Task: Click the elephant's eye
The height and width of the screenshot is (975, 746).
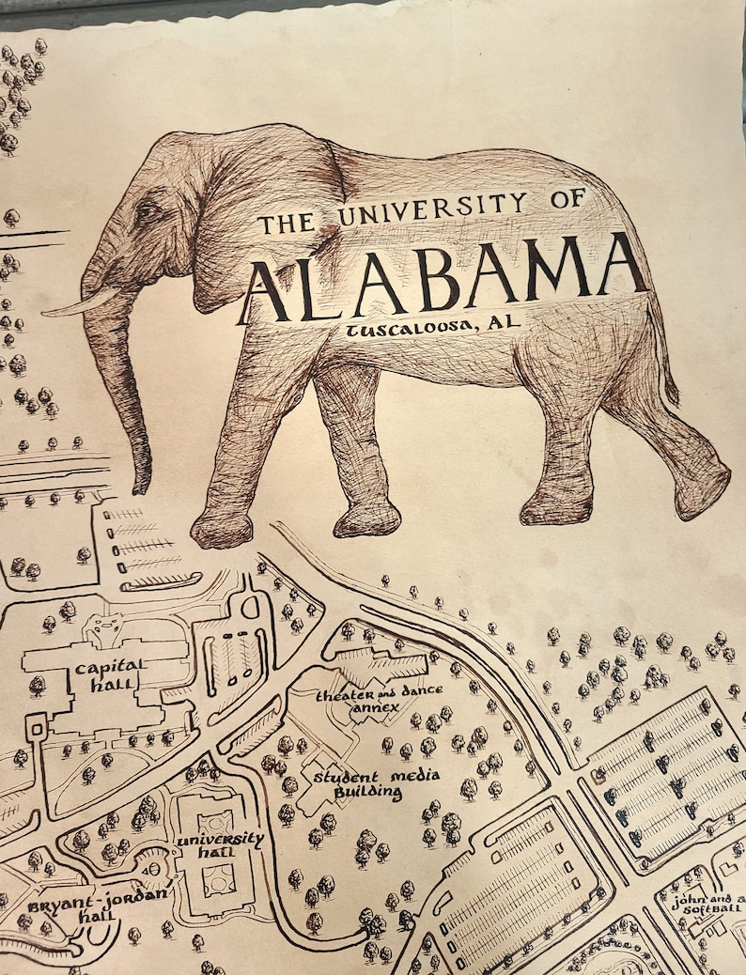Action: pyautogui.click(x=148, y=211)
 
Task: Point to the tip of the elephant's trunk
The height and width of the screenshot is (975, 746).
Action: pyautogui.click(x=142, y=483)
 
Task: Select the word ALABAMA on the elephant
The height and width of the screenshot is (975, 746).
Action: pyautogui.click(x=442, y=277)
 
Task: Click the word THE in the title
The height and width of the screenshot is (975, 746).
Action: pyautogui.click(x=288, y=223)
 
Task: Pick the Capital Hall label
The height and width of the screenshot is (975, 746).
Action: pyautogui.click(x=110, y=674)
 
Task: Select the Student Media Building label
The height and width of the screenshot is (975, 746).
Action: pyautogui.click(x=358, y=784)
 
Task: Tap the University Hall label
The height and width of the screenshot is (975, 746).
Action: pyautogui.click(x=220, y=844)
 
